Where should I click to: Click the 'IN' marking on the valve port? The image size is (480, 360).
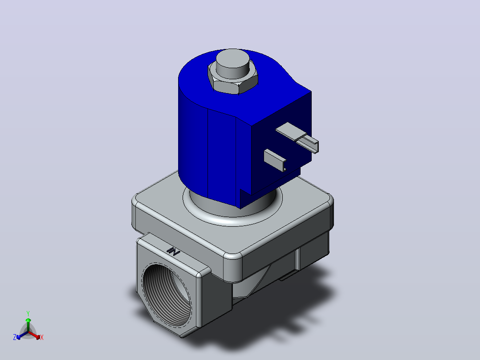[x=173, y=251]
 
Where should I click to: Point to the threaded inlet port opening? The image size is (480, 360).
[x=166, y=294]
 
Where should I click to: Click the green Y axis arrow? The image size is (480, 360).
[x=28, y=325]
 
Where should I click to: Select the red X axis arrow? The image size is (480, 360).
[x=34, y=335]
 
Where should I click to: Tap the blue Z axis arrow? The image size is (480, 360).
[x=22, y=335]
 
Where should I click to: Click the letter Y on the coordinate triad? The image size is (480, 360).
[x=28, y=314]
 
